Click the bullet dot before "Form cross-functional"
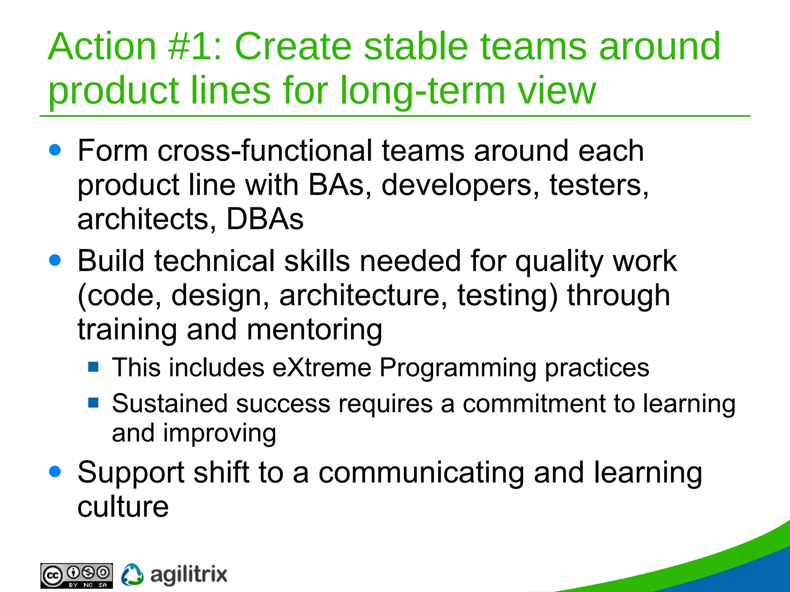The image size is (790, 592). pos(55,150)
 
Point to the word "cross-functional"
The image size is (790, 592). pos(265,151)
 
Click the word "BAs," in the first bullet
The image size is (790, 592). pos(340,185)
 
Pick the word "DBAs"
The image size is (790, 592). pos(265,219)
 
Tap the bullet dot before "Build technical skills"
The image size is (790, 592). pos(55,260)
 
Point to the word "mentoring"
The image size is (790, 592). pos(314,330)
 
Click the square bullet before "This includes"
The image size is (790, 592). pos(93,367)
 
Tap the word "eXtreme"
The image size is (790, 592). pos(322,367)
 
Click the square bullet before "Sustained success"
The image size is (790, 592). pos(93,403)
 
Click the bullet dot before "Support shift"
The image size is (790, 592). pos(55,471)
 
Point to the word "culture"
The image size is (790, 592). pos(123,506)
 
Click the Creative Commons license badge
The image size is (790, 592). pos(76,575)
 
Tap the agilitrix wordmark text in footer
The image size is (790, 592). pos(188,575)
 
